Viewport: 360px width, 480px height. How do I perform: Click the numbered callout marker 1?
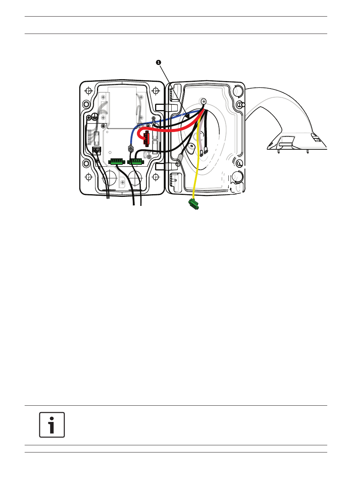(158, 63)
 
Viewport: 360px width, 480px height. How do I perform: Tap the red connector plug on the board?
(146, 138)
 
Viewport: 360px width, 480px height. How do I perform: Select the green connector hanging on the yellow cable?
(194, 204)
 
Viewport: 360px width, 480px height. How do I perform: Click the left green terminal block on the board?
(117, 162)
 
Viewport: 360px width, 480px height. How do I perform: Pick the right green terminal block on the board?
(136, 162)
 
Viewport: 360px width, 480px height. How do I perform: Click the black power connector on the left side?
(97, 150)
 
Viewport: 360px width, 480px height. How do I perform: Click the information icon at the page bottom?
(52, 425)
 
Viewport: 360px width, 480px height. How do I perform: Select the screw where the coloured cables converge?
(203, 101)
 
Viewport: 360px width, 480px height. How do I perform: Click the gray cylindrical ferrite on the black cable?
(180, 160)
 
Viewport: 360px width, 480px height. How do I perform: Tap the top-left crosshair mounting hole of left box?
(88, 90)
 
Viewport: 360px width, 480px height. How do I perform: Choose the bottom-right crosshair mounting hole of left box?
(155, 177)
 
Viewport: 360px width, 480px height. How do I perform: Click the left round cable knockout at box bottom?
(110, 178)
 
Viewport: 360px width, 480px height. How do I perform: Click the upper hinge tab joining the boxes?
(166, 107)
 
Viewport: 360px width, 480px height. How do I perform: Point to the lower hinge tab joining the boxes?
(166, 167)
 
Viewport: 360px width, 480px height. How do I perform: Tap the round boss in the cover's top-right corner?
(237, 91)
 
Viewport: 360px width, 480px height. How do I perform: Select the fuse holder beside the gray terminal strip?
(97, 138)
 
